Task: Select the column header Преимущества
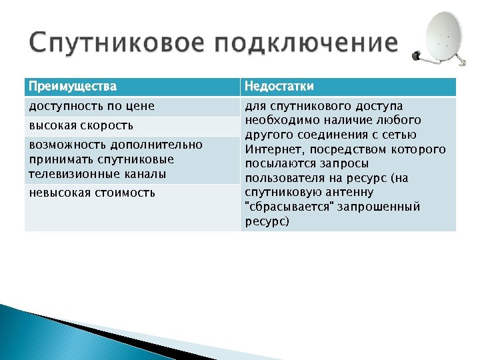click(72, 87)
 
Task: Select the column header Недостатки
click(279, 87)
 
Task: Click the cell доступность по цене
click(91, 106)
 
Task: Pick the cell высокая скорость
click(81, 125)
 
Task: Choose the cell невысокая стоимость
click(92, 193)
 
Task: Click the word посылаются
click(279, 164)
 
